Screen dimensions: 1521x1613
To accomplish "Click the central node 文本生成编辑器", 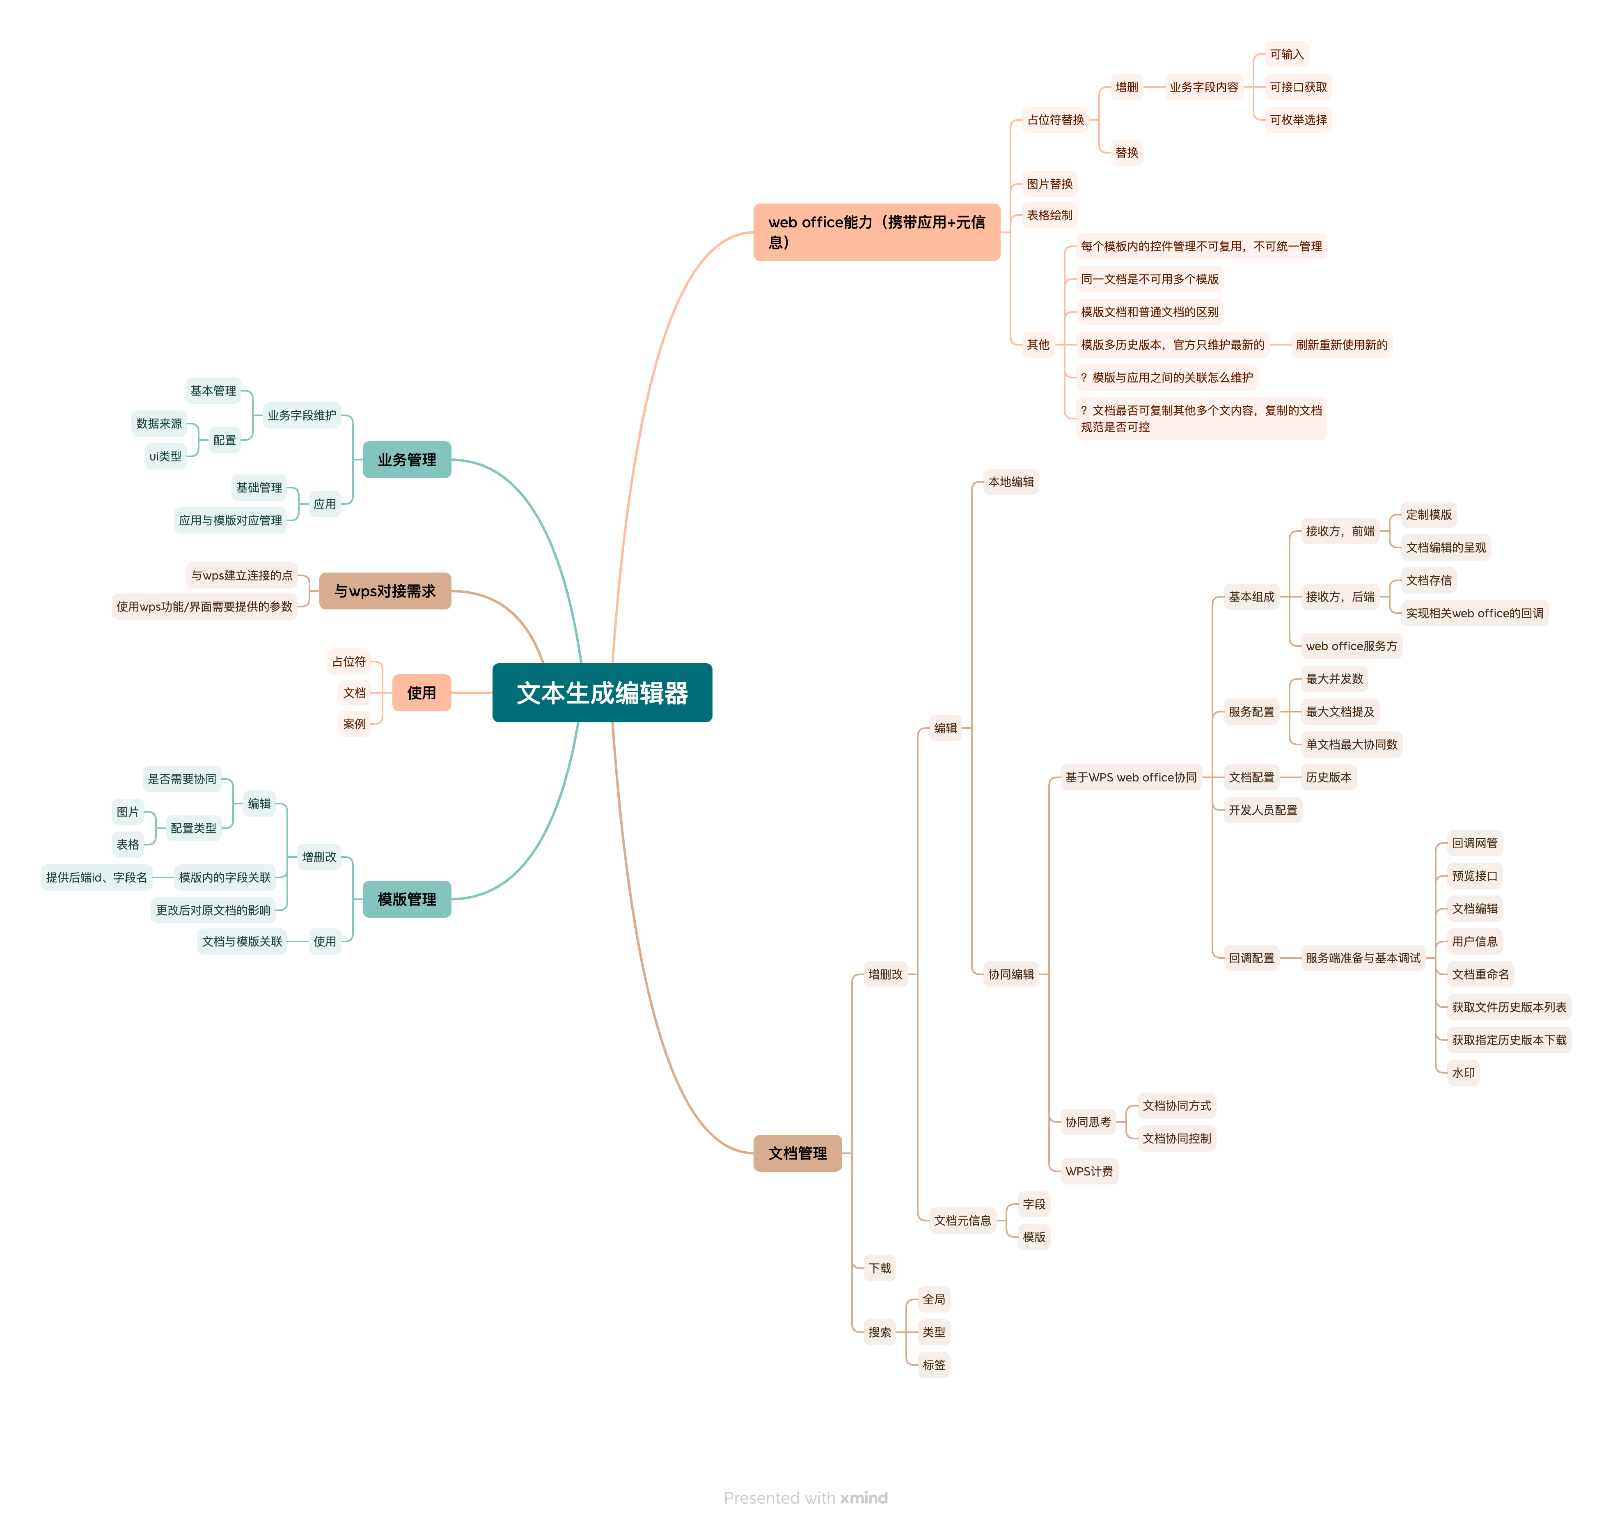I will [x=602, y=693].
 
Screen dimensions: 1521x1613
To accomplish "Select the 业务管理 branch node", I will [x=406, y=460].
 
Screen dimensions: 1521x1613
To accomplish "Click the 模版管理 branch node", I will [x=406, y=899].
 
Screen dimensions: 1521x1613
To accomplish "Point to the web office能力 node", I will [x=876, y=232].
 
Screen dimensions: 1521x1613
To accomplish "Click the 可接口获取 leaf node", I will [x=1298, y=87].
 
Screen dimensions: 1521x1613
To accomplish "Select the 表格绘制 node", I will [x=1049, y=215].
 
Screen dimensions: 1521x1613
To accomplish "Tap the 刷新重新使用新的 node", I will [x=1341, y=345].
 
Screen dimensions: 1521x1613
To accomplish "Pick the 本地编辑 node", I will [x=1011, y=482].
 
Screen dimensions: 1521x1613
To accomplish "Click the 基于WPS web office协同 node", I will [x=1131, y=777].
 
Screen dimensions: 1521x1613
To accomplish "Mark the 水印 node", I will [x=1464, y=1072].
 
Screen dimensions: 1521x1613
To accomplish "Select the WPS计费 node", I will [x=1089, y=1171].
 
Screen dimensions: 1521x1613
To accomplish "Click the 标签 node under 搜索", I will [x=934, y=1365].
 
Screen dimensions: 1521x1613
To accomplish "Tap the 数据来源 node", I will [x=159, y=424].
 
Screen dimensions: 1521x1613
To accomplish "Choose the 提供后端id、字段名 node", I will [x=96, y=877].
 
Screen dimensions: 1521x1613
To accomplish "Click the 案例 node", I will [x=355, y=724].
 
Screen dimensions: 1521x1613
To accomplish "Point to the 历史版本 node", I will [x=1328, y=777].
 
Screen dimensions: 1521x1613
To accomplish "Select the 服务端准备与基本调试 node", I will [x=1363, y=958].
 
